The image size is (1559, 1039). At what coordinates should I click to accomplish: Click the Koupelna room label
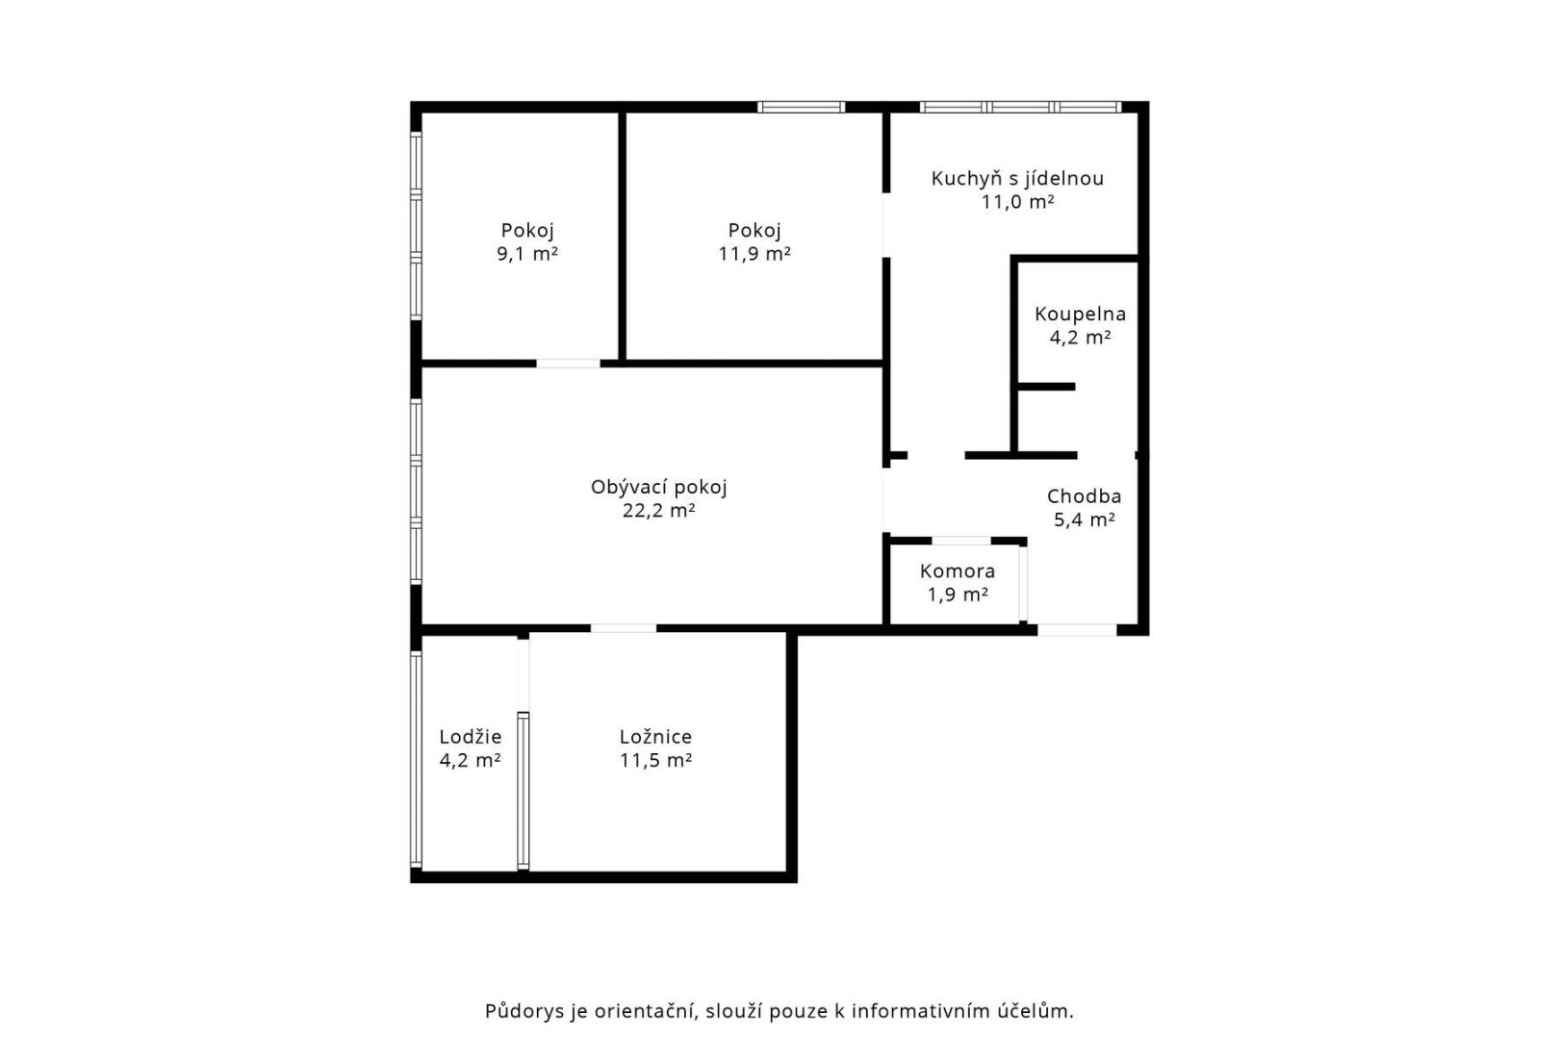point(1080,314)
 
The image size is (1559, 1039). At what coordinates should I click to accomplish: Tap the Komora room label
point(957,570)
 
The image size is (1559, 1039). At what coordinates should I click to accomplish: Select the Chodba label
point(1084,496)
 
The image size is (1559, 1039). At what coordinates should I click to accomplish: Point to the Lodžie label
point(470,736)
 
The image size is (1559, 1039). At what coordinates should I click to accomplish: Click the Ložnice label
point(655,736)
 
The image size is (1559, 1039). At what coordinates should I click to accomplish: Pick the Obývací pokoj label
point(658,487)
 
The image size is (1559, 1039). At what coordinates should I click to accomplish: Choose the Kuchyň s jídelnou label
point(1017,178)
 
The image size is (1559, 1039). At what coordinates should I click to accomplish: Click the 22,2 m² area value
point(658,511)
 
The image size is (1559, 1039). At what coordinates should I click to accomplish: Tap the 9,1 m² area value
point(526,254)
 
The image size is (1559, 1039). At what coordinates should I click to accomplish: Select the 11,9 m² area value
point(754,254)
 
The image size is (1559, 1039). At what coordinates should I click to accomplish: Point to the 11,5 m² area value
point(655,760)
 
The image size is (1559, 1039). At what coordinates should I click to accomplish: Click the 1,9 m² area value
point(957,595)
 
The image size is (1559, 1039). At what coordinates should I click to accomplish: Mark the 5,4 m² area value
point(1084,519)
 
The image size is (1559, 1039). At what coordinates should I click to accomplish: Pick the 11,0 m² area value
point(1017,202)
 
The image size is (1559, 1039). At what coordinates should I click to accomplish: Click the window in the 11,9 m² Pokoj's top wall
point(801,107)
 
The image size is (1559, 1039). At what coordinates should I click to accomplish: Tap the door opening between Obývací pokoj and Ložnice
point(624,628)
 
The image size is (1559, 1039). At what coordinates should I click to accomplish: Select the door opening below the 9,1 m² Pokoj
point(568,364)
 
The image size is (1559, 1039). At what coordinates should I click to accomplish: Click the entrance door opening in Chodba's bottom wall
point(1078,630)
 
